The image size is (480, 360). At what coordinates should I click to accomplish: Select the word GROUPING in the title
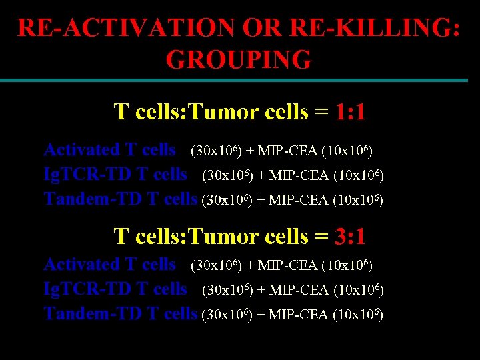click(239, 60)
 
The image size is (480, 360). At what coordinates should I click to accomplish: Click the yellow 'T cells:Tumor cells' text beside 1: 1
click(211, 112)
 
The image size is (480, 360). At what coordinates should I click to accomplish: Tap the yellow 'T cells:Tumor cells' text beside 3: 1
click(211, 237)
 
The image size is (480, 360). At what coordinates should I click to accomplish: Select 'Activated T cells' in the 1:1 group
click(109, 150)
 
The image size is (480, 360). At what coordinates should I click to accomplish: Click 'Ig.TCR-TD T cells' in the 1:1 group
click(115, 175)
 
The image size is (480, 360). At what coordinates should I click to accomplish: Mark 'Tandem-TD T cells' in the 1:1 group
click(120, 199)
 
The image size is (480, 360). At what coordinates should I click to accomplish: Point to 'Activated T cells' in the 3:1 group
click(109, 265)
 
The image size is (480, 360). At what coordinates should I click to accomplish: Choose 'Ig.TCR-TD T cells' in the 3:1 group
click(115, 289)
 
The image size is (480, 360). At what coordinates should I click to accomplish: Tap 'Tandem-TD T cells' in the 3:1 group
click(120, 313)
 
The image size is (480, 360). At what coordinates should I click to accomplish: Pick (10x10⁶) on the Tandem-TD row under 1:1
click(357, 200)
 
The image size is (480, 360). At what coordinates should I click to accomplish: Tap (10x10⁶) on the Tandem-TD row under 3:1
click(357, 315)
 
